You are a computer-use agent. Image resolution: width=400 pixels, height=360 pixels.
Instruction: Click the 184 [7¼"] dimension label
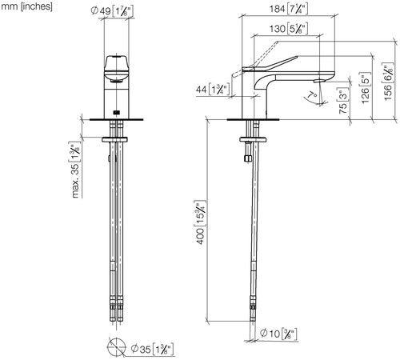point(289,9)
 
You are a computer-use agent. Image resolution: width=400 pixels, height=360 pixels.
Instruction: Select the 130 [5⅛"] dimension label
point(289,29)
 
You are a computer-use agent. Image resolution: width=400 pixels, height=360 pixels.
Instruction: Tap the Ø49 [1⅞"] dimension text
point(112,11)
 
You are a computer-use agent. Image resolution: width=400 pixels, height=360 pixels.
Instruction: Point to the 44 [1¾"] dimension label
point(213,89)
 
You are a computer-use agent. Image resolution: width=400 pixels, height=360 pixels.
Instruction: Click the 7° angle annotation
point(312,95)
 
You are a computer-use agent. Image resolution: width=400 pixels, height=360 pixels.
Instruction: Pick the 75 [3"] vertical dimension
point(343,101)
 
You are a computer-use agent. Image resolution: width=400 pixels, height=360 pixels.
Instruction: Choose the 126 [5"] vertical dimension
point(366,88)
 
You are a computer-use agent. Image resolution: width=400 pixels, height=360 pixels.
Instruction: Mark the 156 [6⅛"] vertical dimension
point(388,82)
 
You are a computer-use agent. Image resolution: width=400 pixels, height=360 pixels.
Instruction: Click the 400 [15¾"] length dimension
point(201,222)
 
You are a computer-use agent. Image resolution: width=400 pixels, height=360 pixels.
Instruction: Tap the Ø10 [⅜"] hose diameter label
point(278,334)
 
